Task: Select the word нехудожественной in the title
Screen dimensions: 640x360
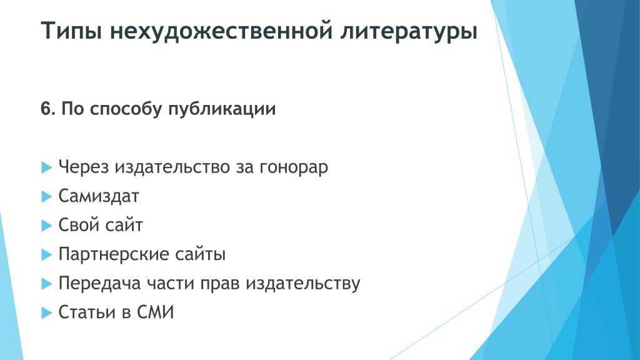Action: pos(221,31)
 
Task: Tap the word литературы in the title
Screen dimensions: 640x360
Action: pos(409,31)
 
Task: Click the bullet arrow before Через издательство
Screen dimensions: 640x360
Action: pos(47,167)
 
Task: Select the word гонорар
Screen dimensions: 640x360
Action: pos(294,167)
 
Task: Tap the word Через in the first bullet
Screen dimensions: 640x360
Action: pos(84,167)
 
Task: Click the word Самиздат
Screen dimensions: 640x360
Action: pos(99,196)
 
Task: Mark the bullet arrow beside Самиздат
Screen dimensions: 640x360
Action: pos(47,196)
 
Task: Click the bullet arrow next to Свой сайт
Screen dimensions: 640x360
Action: pos(47,225)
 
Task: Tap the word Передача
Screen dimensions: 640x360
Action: pos(99,283)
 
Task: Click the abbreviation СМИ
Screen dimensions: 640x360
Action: pos(155,312)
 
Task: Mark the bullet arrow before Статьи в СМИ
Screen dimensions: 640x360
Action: pos(47,312)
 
